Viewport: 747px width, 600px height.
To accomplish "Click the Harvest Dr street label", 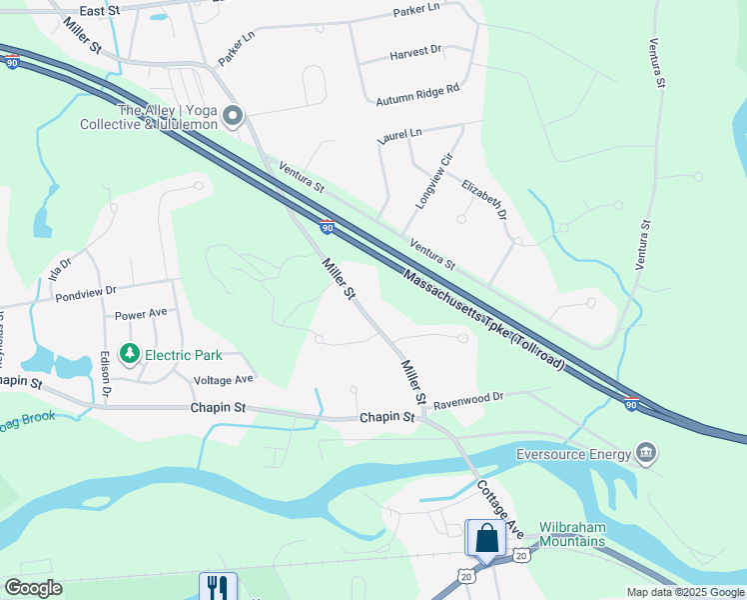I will pyautogui.click(x=415, y=51).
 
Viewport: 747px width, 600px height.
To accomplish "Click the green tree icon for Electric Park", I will pyautogui.click(x=129, y=354).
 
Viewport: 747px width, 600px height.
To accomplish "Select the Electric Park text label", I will pyautogui.click(x=182, y=355).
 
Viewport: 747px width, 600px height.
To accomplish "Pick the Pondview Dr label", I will pyautogui.click(x=87, y=290).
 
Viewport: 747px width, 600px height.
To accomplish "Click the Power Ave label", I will pyautogui.click(x=140, y=313).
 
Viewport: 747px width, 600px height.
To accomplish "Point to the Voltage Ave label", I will pyautogui.click(x=223, y=380).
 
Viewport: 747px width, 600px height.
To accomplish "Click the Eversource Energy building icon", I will pyautogui.click(x=646, y=455).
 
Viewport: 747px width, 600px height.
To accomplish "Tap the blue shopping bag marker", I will pyautogui.click(x=486, y=538).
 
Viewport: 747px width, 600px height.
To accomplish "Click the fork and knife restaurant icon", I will pyautogui.click(x=218, y=587).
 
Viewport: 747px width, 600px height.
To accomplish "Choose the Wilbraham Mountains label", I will pyautogui.click(x=572, y=534).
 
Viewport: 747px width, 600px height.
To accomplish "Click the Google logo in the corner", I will pyautogui.click(x=33, y=588).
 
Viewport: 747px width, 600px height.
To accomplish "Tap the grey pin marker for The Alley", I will pyautogui.click(x=234, y=118).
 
